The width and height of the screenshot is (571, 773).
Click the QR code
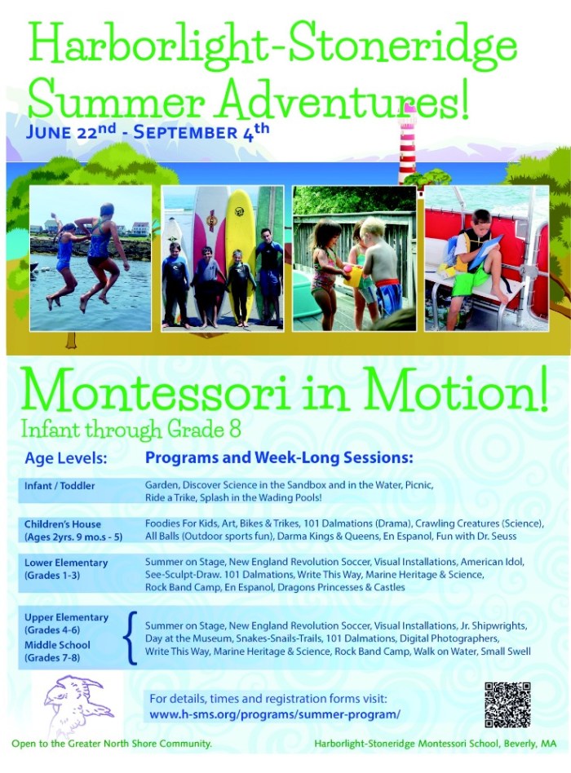(507, 705)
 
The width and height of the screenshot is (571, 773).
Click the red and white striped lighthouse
(407, 144)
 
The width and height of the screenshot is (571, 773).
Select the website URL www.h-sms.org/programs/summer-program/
(275, 714)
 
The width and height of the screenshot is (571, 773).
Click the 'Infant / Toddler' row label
(60, 486)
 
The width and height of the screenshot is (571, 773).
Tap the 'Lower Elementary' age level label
(66, 563)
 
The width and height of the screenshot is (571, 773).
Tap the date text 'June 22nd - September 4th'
(148, 130)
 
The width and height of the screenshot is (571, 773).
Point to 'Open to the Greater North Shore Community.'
(112, 744)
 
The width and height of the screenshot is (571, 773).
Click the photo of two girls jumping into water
(91, 258)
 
